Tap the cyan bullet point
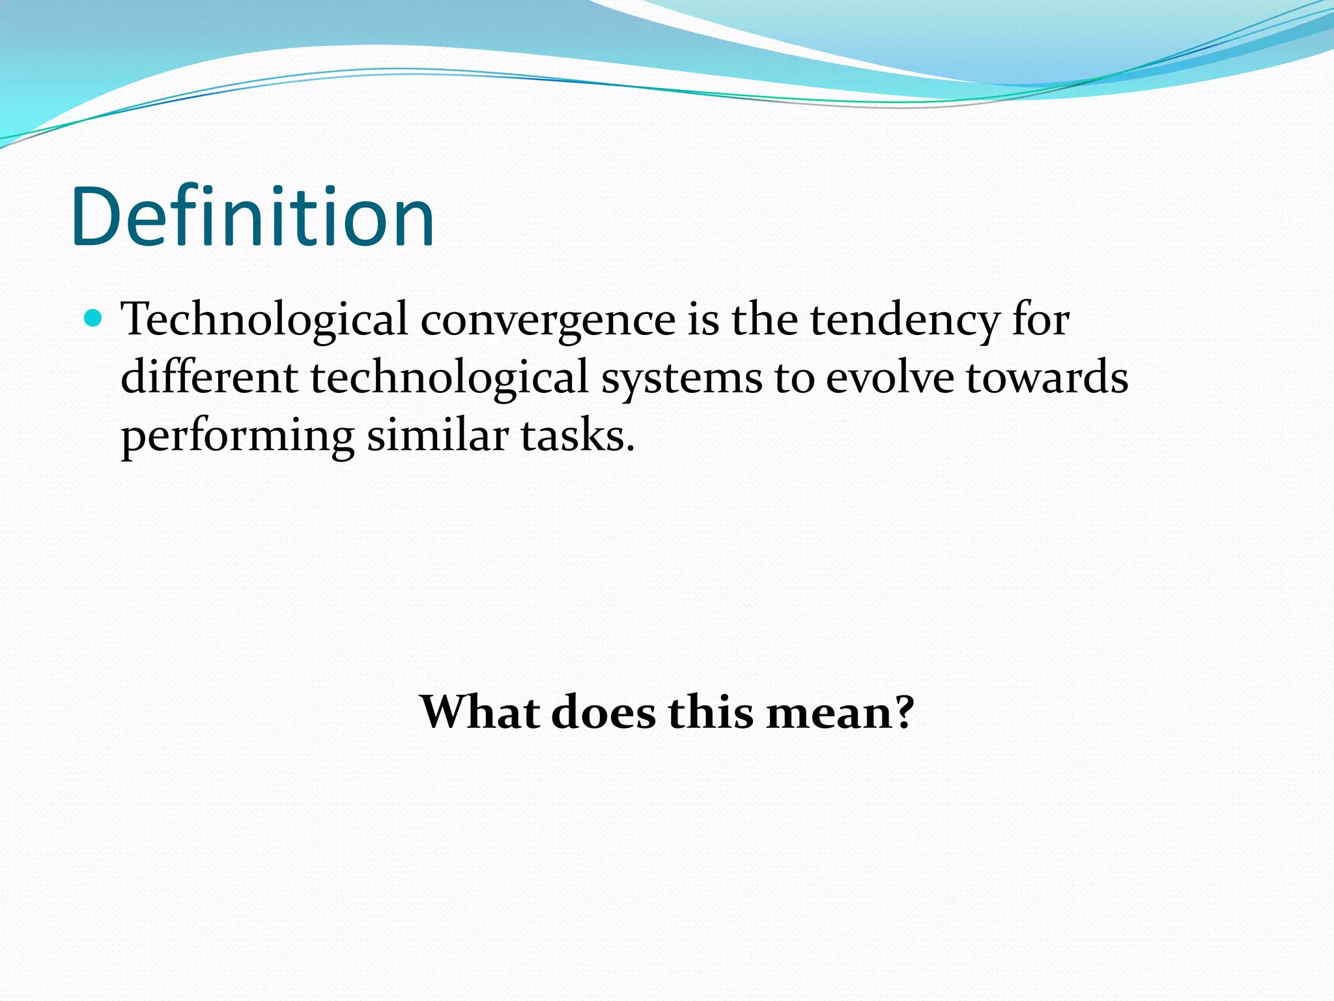pyautogui.click(x=94, y=318)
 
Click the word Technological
pyautogui.click(x=264, y=321)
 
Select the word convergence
pyautogui.click(x=548, y=321)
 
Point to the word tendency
pyautogui.click(x=904, y=321)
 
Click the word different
pyautogui.click(x=209, y=378)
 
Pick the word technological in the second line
pyautogui.click(x=449, y=378)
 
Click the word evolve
pyautogui.click(x=890, y=378)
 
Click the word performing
pyautogui.click(x=238, y=437)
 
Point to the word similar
pyautogui.click(x=438, y=435)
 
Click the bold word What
pyautogui.click(x=480, y=712)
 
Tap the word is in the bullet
pyautogui.click(x=703, y=321)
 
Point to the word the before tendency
pyautogui.click(x=764, y=321)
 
